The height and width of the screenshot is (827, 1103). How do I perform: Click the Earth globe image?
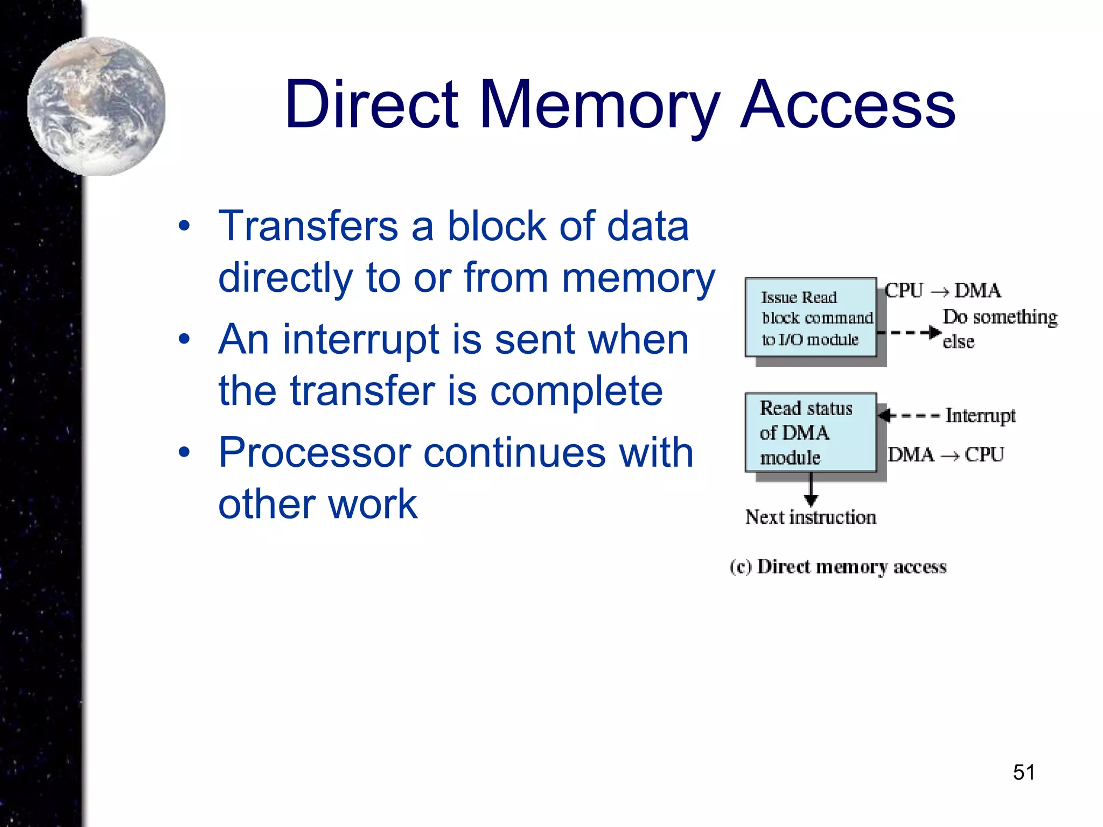tap(97, 106)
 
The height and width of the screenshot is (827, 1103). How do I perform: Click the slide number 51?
tap(1023, 772)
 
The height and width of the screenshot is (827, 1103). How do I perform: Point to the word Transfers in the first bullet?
tap(308, 226)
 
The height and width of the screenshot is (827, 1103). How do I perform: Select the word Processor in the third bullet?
tap(315, 453)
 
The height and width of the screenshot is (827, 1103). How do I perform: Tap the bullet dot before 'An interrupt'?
tap(184, 339)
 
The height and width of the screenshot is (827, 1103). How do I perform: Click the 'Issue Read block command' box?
tap(811, 318)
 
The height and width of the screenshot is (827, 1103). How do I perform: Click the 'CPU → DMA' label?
tap(943, 291)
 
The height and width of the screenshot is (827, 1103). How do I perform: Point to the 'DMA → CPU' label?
tap(946, 455)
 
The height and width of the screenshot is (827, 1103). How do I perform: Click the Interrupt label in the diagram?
tap(980, 416)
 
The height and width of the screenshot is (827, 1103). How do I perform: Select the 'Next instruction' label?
tap(810, 517)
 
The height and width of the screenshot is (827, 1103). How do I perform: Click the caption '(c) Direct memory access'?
tap(838, 567)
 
